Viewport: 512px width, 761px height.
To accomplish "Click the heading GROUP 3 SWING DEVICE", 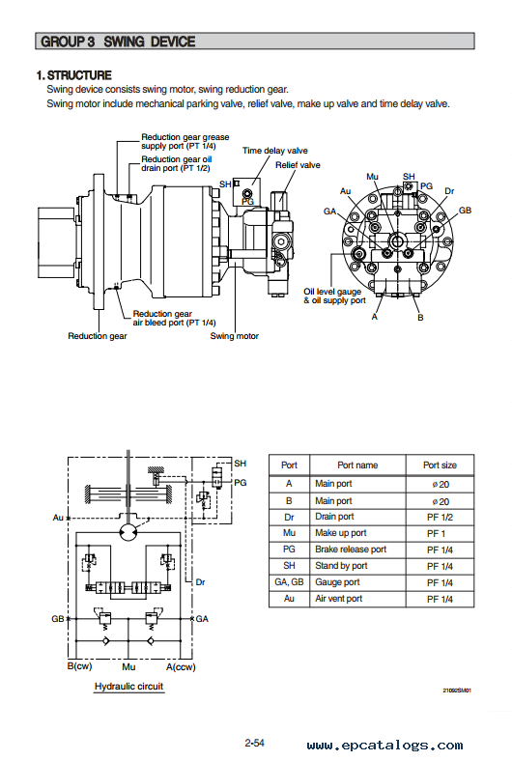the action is [118, 42].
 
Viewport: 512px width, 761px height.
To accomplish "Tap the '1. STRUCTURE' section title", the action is [74, 75].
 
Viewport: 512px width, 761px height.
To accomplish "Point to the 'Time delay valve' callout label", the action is [275, 151].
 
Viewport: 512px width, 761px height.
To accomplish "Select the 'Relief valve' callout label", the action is [298, 165].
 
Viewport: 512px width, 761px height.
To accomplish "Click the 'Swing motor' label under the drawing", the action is [235, 336].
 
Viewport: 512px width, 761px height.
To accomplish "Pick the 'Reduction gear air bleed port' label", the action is [174, 319].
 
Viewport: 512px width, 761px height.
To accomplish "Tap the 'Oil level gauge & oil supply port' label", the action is [334, 296].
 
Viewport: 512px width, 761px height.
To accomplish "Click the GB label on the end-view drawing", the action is [465, 211].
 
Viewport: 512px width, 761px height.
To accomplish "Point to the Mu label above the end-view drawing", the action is [372, 177].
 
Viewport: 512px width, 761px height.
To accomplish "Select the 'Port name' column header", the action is [357, 465].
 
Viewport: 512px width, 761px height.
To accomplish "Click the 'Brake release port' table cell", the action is [351, 550].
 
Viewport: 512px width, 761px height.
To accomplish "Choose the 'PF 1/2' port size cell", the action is [440, 518].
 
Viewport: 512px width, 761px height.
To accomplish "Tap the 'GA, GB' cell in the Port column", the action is [289, 582].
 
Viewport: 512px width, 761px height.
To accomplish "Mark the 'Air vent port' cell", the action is [339, 599].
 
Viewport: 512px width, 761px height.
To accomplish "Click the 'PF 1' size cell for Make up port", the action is [436, 534].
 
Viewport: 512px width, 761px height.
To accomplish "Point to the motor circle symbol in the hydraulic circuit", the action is [128, 532].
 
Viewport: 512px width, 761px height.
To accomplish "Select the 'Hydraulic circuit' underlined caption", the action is [129, 687].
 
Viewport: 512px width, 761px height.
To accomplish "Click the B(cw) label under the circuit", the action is [79, 666].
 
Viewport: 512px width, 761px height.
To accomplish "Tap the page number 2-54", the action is [254, 743].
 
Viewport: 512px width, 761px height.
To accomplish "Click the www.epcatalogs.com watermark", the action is [384, 745].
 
